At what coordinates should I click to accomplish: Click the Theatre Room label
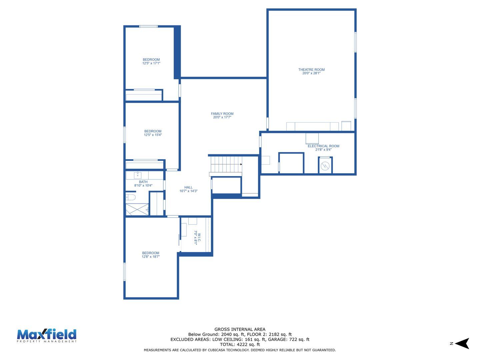point(311,70)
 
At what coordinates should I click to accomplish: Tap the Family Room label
point(222,114)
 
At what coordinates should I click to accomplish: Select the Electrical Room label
point(323,146)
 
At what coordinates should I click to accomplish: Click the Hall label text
point(188,187)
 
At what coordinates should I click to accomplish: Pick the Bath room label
point(143,182)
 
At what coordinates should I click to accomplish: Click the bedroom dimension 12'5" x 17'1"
point(151,63)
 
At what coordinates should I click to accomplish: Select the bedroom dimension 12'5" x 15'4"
point(153,135)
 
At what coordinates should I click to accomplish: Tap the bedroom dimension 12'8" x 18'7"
point(151,257)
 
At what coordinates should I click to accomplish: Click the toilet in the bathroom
point(131,197)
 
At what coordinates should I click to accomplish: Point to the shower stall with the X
point(137,209)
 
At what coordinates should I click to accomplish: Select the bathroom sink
point(138,175)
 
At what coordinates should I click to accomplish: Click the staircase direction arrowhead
point(241,164)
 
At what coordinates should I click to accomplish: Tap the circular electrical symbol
point(325,166)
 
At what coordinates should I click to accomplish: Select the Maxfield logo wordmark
point(47,335)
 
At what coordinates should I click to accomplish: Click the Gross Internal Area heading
point(240,329)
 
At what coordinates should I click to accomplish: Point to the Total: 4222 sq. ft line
point(240,345)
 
